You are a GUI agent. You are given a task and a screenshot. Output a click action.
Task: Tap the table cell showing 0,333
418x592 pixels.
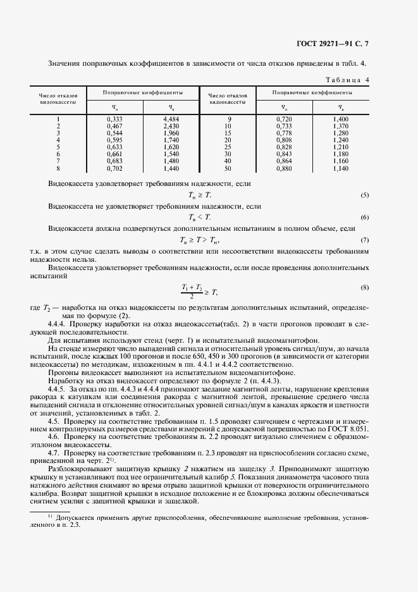pyautogui.click(x=114, y=119)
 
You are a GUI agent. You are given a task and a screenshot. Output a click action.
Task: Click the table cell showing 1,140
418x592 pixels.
pyautogui.click(x=340, y=170)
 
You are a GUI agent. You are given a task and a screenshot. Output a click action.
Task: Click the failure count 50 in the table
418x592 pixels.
pyautogui.click(x=228, y=170)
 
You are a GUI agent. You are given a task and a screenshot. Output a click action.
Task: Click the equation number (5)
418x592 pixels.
pyautogui.click(x=365, y=195)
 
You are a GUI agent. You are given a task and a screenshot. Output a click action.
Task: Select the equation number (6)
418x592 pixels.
pyautogui.click(x=365, y=218)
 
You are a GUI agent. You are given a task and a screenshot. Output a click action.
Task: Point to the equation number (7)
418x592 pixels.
pyautogui.click(x=365, y=240)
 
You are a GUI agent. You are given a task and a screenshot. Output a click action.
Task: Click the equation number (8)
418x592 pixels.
pyautogui.click(x=365, y=288)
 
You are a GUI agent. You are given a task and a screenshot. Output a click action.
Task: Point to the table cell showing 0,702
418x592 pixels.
pyautogui.click(x=114, y=170)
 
